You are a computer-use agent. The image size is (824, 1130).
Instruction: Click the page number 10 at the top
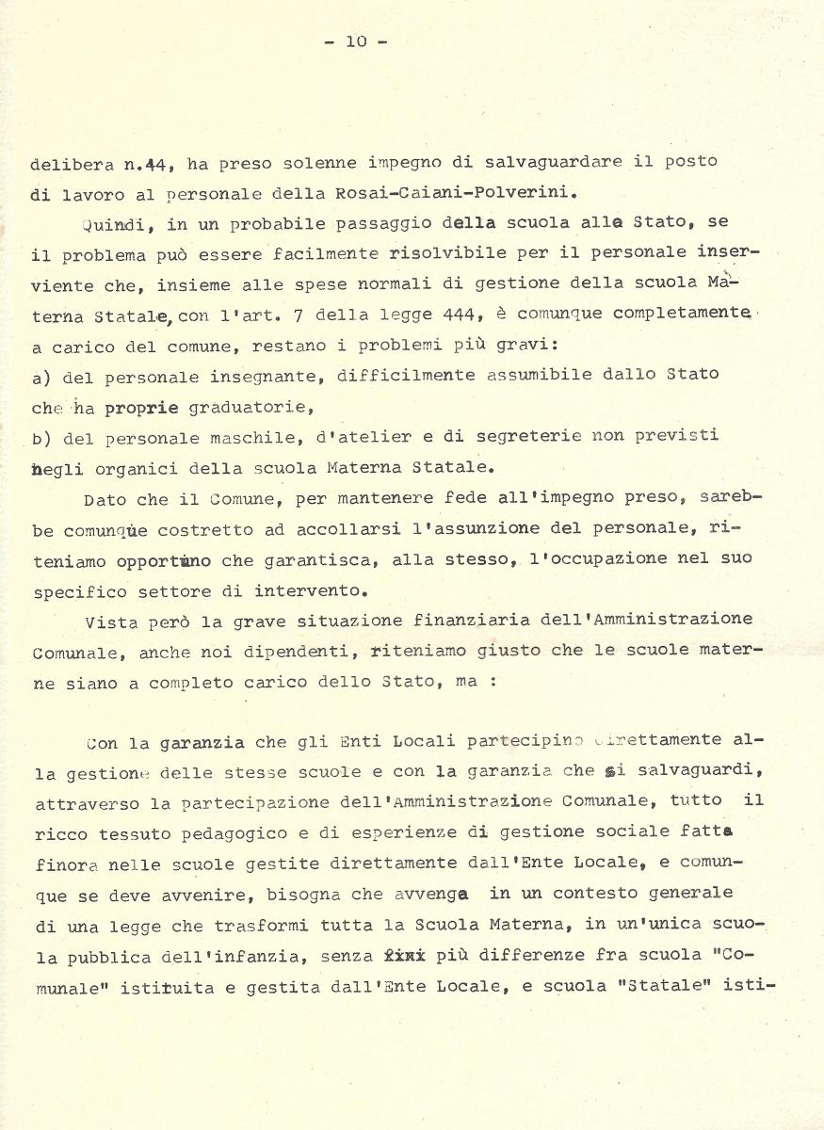[x=356, y=40]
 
